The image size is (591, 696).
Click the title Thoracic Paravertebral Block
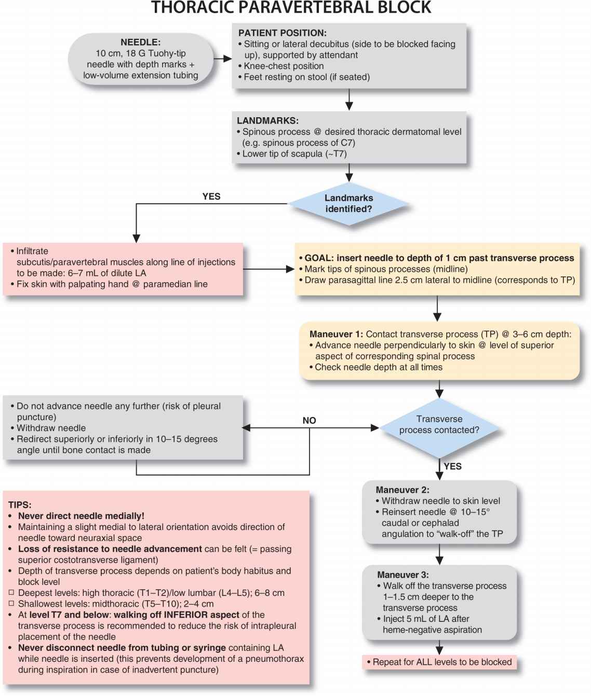click(x=291, y=8)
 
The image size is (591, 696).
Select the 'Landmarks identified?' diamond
click(x=348, y=204)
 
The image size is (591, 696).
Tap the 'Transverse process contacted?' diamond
click(x=439, y=425)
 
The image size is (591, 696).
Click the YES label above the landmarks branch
click(x=211, y=197)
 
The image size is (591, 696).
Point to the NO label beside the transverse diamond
click(x=309, y=421)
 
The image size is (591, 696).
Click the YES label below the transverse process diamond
click(x=452, y=466)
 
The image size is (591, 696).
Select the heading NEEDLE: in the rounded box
click(x=140, y=43)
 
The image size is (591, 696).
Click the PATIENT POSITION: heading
click(x=283, y=33)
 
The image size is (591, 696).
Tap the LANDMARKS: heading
click(x=267, y=121)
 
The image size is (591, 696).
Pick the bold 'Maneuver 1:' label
click(x=336, y=335)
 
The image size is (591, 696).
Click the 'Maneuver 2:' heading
click(x=402, y=490)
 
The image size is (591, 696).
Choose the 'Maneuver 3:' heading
click(x=403, y=575)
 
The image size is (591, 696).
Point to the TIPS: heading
click(x=20, y=505)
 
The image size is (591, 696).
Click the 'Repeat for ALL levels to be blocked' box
click(x=439, y=662)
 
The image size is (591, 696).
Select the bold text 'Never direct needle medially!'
click(x=81, y=516)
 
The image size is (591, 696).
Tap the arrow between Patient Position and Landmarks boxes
click(x=349, y=100)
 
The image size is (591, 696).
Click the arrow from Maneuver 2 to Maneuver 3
click(x=439, y=555)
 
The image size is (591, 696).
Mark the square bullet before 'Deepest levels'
click(x=11, y=593)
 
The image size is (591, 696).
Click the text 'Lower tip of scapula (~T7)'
click(x=294, y=154)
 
